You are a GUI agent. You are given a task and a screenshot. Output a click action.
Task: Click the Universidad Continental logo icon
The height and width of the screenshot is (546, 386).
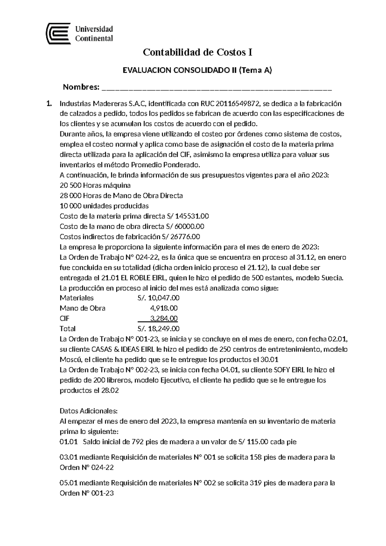point(58,33)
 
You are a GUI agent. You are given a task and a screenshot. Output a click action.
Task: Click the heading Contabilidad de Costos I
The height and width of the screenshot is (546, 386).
point(197,52)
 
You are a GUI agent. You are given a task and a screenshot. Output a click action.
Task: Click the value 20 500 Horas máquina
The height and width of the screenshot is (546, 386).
point(95,185)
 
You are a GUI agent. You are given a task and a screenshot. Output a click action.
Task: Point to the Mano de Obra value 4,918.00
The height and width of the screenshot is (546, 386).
point(164,308)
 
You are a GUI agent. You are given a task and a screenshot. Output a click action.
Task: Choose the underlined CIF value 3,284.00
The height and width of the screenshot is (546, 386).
point(164,319)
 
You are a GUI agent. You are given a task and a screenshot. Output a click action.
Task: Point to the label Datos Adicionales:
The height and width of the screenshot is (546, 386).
point(89,411)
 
